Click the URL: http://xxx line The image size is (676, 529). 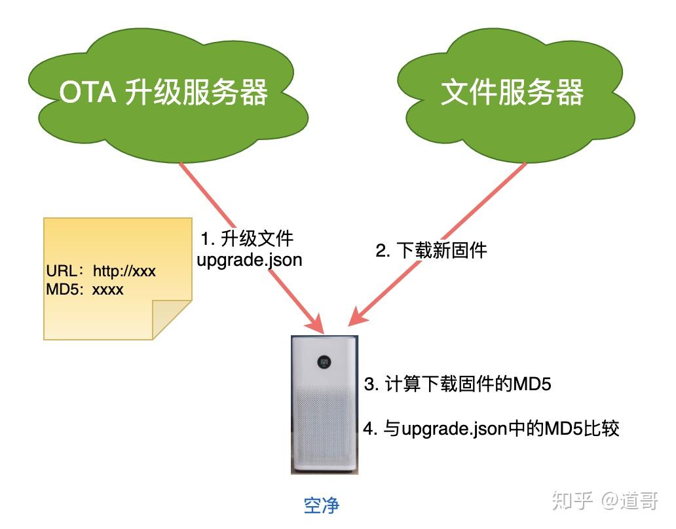coord(101,271)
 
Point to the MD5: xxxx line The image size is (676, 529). coord(84,289)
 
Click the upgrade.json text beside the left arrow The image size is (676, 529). coord(250,259)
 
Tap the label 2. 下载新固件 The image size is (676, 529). coord(431,250)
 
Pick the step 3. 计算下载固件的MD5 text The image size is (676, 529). coord(457,384)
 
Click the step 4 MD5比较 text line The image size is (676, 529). coord(491,429)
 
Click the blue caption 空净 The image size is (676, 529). coord(322,505)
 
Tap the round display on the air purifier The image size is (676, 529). coord(324,361)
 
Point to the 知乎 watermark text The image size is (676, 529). coord(573,501)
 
